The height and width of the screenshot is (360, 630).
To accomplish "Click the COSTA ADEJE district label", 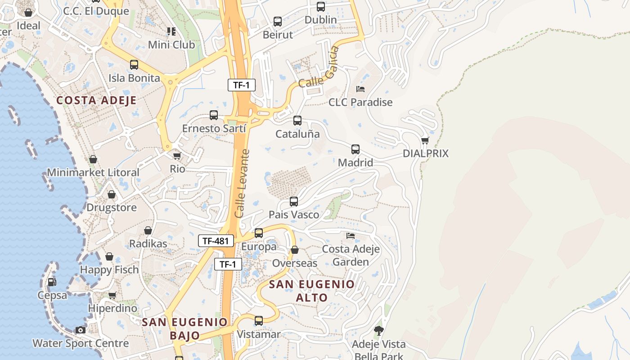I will pyautogui.click(x=96, y=100).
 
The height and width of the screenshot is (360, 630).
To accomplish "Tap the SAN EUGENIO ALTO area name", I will pyautogui.click(x=312, y=291).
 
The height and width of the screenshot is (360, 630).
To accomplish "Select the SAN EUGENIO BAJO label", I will pyautogui.click(x=185, y=328).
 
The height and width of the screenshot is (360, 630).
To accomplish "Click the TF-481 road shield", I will pyautogui.click(x=216, y=241).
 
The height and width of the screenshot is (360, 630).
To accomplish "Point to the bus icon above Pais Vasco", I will pyautogui.click(x=294, y=202).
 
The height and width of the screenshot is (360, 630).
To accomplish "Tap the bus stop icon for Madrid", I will pyautogui.click(x=355, y=149).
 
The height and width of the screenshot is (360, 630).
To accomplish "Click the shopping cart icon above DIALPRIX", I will pyautogui.click(x=425, y=140).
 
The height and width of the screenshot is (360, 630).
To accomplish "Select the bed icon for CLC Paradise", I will pyautogui.click(x=360, y=89).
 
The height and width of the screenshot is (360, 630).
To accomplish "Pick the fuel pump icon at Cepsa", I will pyautogui.click(x=52, y=282).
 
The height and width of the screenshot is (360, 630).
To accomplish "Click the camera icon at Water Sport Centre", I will pyautogui.click(x=81, y=330).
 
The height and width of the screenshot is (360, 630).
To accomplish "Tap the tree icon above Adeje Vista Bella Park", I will pyautogui.click(x=379, y=331).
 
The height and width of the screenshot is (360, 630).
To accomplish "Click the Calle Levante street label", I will pyautogui.click(x=242, y=184).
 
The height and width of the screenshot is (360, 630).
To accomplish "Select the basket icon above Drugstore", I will pyautogui.click(x=112, y=194).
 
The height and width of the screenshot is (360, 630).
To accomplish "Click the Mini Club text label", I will pyautogui.click(x=171, y=45).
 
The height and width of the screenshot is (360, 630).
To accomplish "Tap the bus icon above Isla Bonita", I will pyautogui.click(x=134, y=65).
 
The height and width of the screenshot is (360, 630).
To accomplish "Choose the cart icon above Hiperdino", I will pyautogui.click(x=112, y=296).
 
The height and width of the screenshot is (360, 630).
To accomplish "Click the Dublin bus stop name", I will pyautogui.click(x=320, y=20).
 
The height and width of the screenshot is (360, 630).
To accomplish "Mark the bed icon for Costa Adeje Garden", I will pyautogui.click(x=351, y=236).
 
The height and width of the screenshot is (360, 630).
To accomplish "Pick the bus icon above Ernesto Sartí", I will pyautogui.click(x=214, y=115).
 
